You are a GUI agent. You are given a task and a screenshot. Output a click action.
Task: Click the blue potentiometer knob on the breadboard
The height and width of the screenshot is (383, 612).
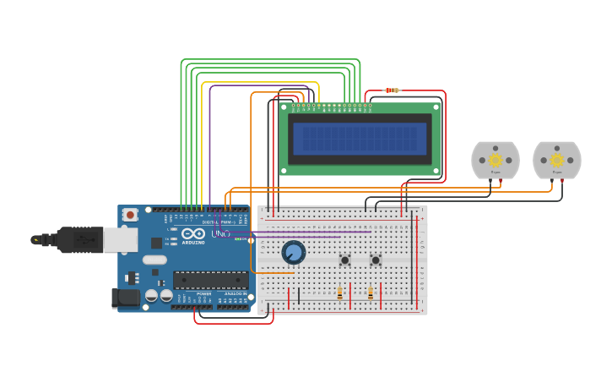[293, 252]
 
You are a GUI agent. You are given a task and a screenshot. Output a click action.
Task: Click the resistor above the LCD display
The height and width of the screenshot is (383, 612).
[392, 90]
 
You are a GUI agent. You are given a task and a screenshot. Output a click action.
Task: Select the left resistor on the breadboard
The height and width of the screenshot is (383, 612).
[339, 293]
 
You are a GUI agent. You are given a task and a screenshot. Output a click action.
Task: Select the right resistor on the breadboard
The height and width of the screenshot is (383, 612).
[371, 293]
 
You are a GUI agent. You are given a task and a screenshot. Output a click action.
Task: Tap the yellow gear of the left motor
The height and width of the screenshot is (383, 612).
[496, 160]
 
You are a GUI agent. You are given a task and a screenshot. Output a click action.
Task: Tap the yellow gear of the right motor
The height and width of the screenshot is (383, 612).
[557, 160]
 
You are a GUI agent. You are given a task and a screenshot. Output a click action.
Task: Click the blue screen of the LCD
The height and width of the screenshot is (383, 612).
[360, 139]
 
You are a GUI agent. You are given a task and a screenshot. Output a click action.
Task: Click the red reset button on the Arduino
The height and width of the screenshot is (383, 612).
[130, 216]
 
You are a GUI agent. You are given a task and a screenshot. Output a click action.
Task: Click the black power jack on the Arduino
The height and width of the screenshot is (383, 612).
[125, 298]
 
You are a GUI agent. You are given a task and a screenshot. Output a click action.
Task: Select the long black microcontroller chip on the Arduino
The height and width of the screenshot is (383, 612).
[210, 280]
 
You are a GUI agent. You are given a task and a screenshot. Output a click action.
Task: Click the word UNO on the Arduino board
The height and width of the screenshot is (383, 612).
[220, 233]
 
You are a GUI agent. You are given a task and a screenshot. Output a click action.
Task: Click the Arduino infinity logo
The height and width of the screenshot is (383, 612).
[193, 234]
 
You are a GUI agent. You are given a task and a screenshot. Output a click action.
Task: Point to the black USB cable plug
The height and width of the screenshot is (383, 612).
[80, 240]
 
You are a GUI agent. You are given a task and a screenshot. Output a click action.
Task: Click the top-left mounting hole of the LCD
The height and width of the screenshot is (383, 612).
[284, 107]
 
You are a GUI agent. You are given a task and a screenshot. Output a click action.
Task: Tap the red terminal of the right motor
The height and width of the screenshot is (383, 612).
[562, 180]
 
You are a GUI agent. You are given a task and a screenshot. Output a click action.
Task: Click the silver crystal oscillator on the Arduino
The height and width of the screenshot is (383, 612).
[154, 260]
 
